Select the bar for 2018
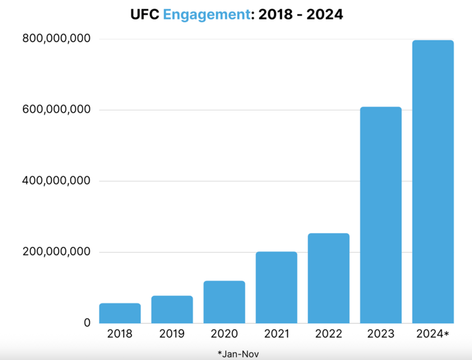(120, 313)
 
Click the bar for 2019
(172, 309)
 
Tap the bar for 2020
(224, 302)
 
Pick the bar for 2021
(276, 287)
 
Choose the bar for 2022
(328, 278)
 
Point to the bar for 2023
(380, 215)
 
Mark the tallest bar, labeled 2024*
(433, 181)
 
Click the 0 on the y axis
(87, 323)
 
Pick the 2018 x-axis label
(120, 334)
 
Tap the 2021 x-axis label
(276, 334)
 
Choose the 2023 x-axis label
(380, 334)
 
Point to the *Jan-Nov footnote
(238, 353)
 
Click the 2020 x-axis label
(224, 334)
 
